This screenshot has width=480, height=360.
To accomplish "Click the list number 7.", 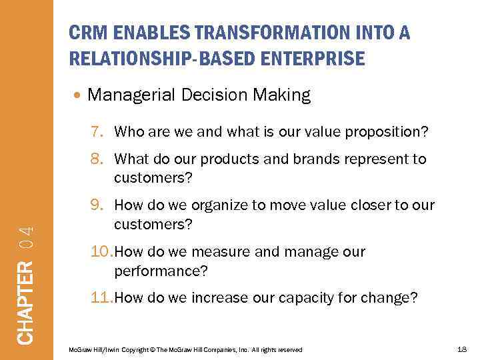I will [95, 132].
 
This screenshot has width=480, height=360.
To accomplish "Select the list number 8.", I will [95, 159].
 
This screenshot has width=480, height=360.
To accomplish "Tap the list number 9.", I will [95, 206].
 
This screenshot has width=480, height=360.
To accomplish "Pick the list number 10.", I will [97, 253].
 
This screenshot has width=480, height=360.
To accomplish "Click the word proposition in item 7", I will [390, 132].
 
